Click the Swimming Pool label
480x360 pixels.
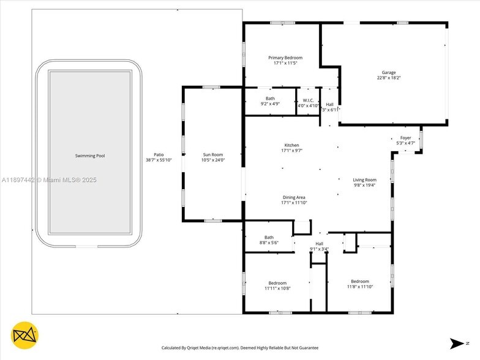[90, 156]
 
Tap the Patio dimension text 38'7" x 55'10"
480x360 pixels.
[159, 160]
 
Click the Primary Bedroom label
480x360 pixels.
[285, 58]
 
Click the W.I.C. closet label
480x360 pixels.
[308, 100]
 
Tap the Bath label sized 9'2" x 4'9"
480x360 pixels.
[270, 99]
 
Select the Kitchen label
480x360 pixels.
[291, 145]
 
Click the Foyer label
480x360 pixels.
[406, 138]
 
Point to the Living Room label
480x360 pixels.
[364, 180]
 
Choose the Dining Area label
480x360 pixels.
[294, 197]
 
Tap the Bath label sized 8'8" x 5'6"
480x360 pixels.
[269, 238]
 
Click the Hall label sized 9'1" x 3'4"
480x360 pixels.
[319, 244]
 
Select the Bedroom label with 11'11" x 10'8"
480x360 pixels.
[277, 283]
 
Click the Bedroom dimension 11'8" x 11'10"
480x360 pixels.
[360, 287]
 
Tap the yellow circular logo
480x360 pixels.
[26, 334]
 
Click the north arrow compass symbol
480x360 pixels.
[460, 343]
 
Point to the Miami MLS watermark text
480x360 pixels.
[49, 180]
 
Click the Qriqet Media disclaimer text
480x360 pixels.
[240, 348]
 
